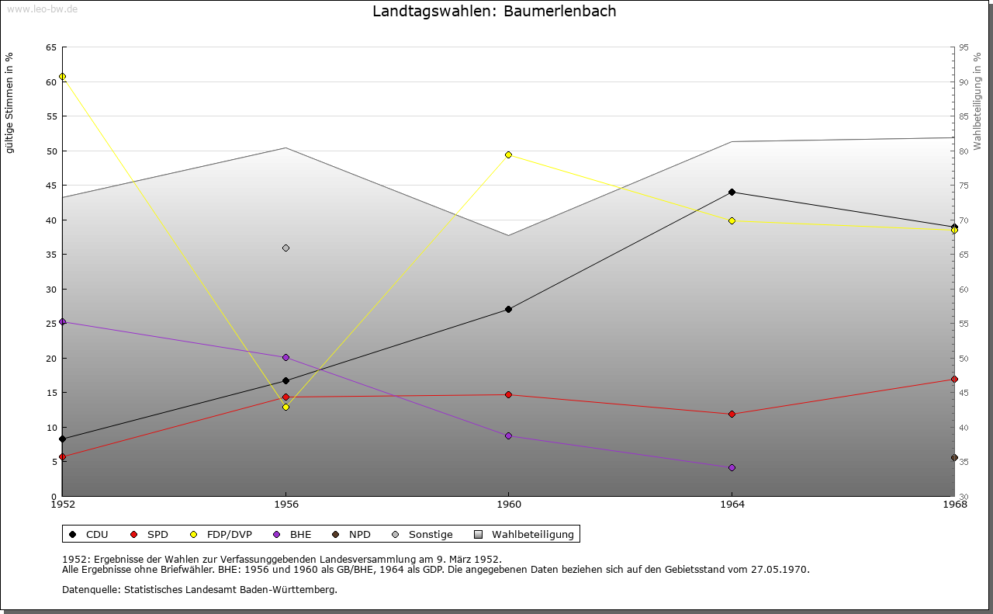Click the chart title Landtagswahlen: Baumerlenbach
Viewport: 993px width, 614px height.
pyautogui.click(x=494, y=11)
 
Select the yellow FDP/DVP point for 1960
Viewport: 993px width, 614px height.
pyautogui.click(x=508, y=154)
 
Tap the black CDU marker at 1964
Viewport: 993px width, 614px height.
pyautogui.click(x=732, y=192)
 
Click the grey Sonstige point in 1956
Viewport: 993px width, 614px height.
pyautogui.click(x=285, y=248)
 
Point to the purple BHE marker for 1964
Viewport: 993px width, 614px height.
pyautogui.click(x=732, y=467)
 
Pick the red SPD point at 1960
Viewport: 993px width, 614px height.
pyautogui.click(x=508, y=394)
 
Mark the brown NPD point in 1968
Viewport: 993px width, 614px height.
pyautogui.click(x=954, y=458)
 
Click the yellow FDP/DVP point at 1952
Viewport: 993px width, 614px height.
pyautogui.click(x=62, y=76)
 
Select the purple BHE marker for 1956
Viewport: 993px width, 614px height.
pyautogui.click(x=285, y=358)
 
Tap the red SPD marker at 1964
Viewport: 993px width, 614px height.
pyautogui.click(x=732, y=414)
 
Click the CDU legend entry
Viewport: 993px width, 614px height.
pyautogui.click(x=88, y=534)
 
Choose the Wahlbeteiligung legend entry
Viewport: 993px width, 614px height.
pyautogui.click(x=524, y=534)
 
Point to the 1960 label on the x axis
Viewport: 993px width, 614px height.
pyautogui.click(x=508, y=505)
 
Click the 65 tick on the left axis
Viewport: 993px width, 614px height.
pyautogui.click(x=50, y=47)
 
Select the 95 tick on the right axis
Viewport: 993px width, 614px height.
pyautogui.click(x=964, y=47)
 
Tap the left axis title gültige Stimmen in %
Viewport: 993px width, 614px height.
pyautogui.click(x=10, y=103)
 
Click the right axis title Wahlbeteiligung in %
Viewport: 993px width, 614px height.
pyautogui.click(x=977, y=101)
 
